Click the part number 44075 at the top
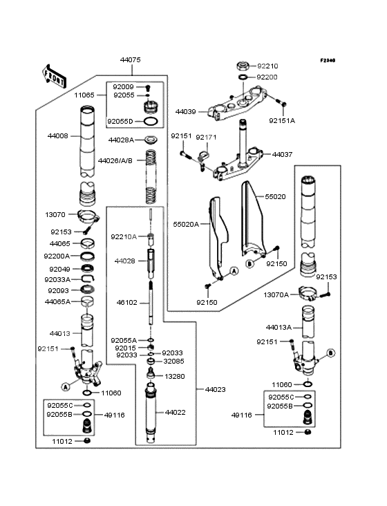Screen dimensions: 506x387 [x=130, y=60]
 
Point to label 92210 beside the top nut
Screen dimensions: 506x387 [x=267, y=66]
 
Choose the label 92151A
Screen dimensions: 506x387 [x=282, y=120]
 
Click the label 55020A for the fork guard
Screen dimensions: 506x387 [x=185, y=224]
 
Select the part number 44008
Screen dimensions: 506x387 [x=57, y=135]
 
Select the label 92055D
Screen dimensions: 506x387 [x=121, y=121]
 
